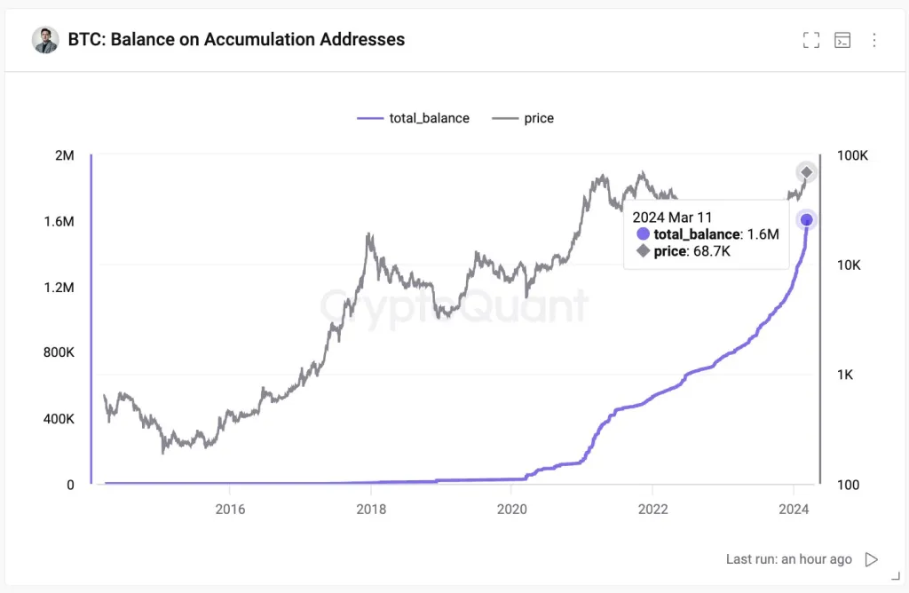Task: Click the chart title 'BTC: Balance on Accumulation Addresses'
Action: [236, 39]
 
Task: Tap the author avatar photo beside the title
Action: [45, 40]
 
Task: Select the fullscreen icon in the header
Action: [810, 40]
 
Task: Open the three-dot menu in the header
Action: [874, 40]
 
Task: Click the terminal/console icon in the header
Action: [842, 40]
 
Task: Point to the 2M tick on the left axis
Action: [65, 155]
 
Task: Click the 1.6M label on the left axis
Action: [59, 221]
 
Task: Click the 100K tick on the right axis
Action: [852, 155]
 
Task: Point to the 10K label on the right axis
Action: [849, 265]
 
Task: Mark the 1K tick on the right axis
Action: [845, 375]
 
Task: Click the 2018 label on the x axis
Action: [371, 510]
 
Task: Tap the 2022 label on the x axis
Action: [652, 510]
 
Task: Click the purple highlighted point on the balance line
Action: [806, 220]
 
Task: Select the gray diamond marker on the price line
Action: [806, 172]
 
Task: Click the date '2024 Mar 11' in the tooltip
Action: [672, 217]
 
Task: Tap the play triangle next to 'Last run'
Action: [872, 559]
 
